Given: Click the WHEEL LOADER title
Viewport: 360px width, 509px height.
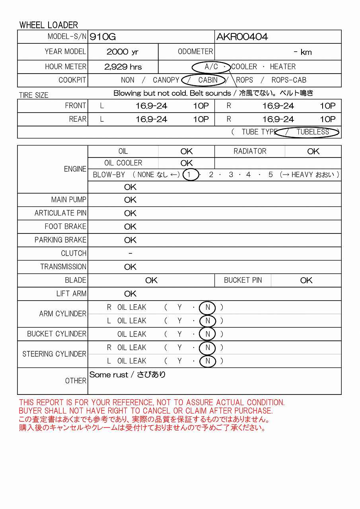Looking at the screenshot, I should pos(49,25).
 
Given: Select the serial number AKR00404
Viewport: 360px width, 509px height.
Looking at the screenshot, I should pos(242,37).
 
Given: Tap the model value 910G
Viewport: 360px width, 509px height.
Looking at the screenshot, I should pos(103,37).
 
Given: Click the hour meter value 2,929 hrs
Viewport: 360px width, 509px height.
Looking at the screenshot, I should pos(123,67).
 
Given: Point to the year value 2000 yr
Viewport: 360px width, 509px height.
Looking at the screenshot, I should pos(123,52).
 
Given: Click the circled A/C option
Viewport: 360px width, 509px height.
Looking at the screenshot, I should pos(211,67).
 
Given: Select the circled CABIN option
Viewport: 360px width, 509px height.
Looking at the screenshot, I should pos(208,80).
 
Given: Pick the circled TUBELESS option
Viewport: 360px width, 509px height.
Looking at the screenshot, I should pos(313,132).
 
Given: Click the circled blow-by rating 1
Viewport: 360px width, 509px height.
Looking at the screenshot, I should pos(191,175).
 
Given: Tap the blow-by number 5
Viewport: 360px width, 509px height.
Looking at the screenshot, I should pos(270,175).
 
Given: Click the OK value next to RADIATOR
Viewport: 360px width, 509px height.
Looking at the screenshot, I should pos(313,151).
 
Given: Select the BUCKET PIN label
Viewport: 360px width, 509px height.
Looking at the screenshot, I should pos(243,280).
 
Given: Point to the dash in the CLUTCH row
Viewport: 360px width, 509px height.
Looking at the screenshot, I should pos(130,253).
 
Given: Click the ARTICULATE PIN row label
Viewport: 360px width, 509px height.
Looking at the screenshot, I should pos(60,213).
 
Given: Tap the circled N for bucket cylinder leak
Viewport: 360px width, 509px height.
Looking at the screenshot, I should pos(208,334).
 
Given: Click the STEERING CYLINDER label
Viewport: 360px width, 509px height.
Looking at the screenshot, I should pos(54,354).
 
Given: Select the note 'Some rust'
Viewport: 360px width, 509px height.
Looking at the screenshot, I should pos(109,375).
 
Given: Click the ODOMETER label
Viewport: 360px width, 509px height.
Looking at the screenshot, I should pos(195,52).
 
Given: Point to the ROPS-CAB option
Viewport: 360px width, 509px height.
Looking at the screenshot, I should pos(289,80).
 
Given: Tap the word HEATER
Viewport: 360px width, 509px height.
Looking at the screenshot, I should pos(282,67).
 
